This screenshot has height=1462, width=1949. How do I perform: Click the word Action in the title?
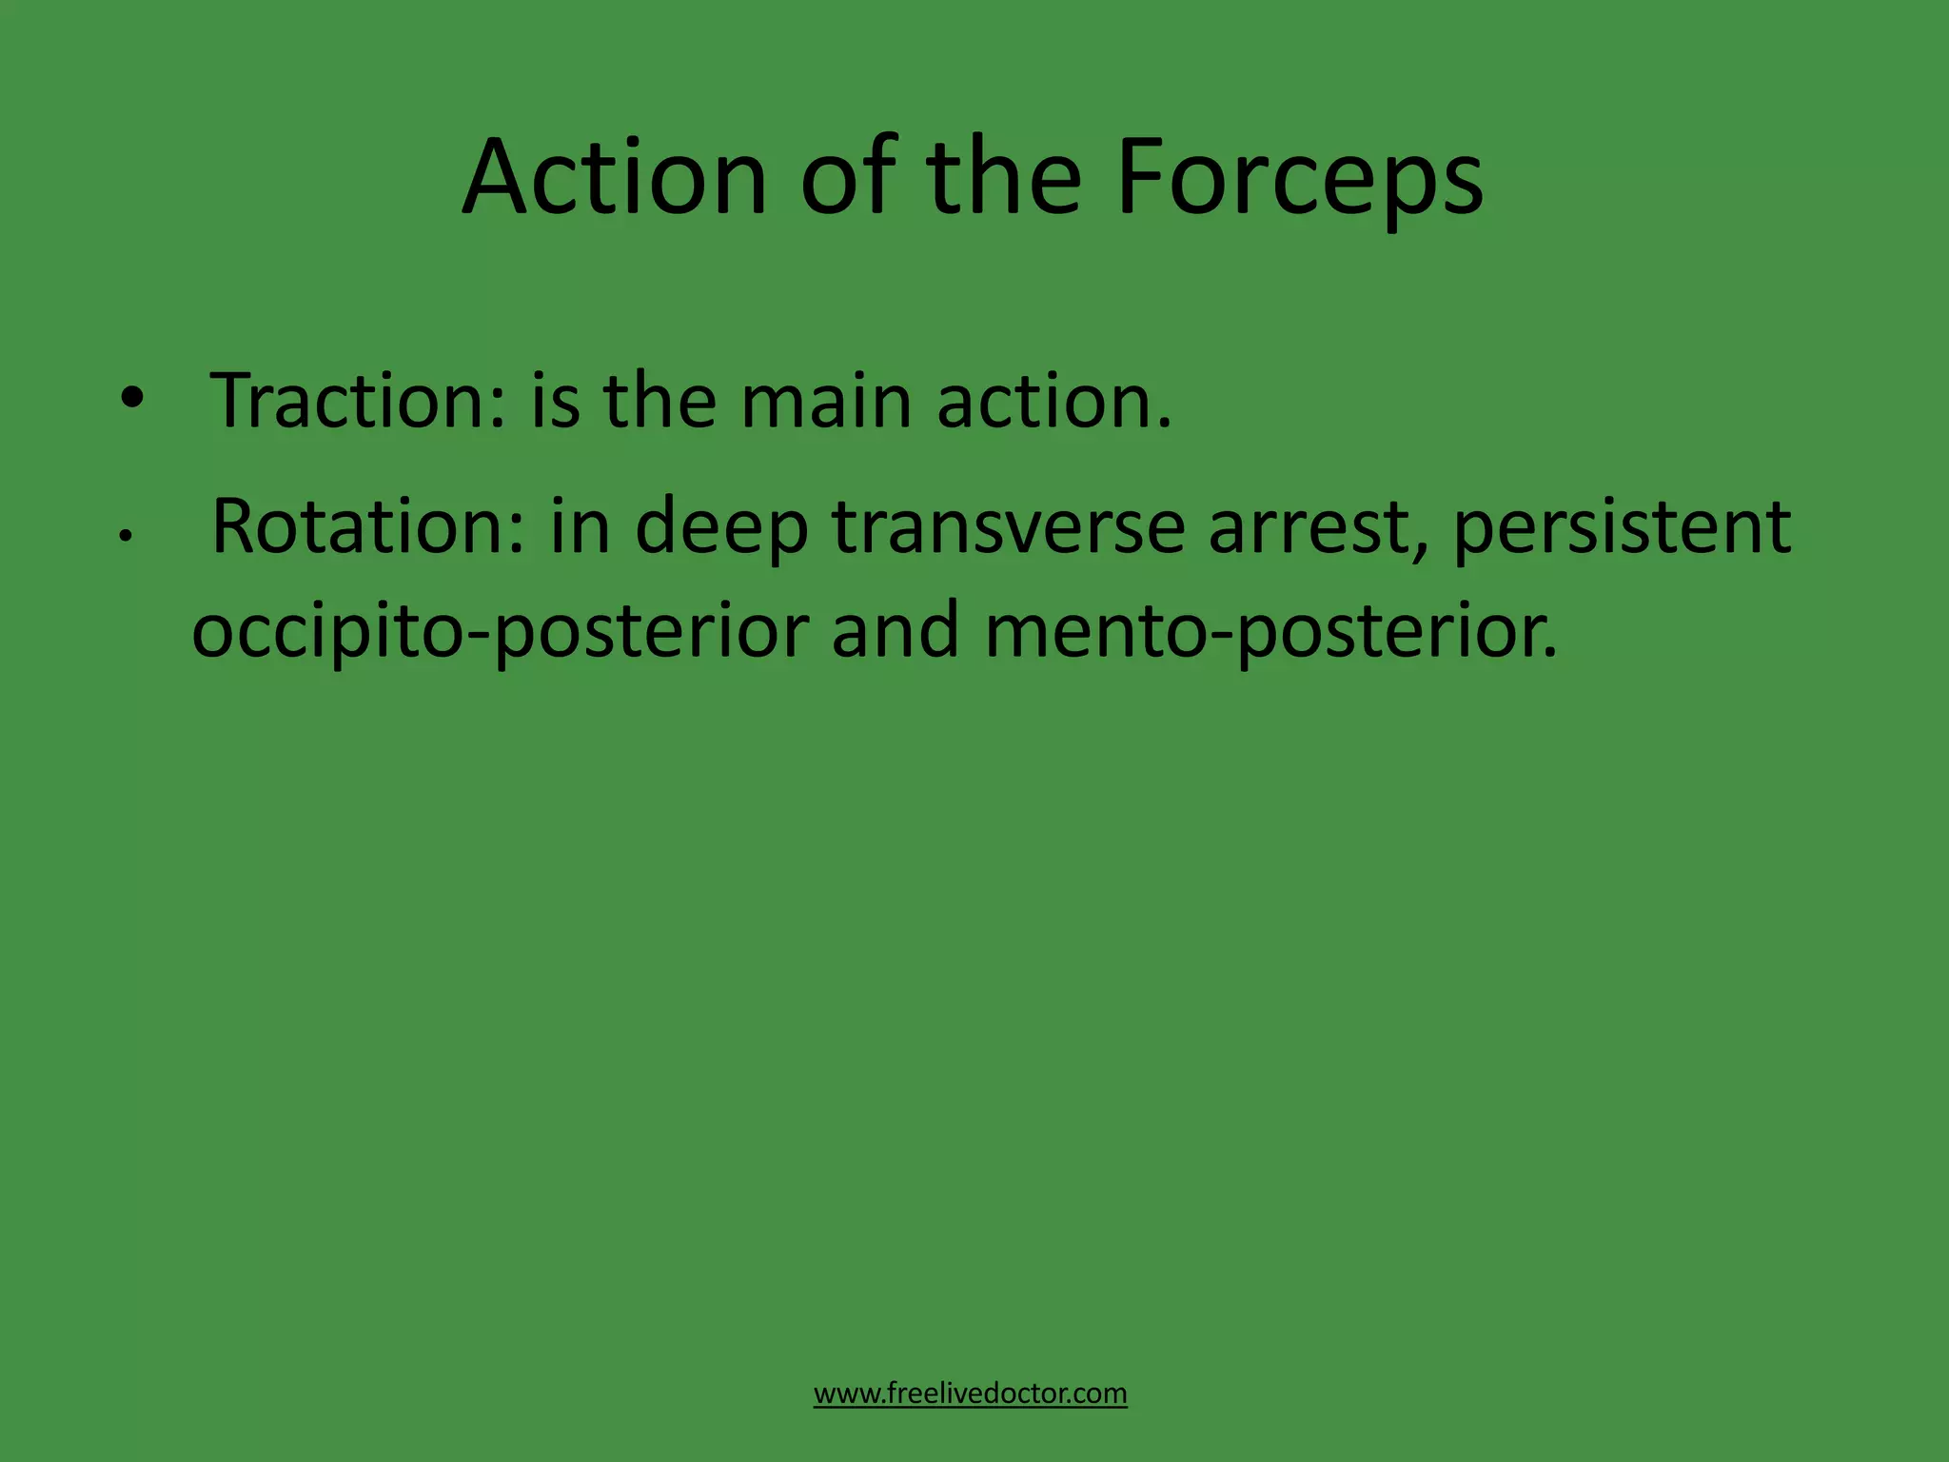click(614, 179)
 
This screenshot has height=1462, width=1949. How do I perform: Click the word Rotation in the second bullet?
click(367, 526)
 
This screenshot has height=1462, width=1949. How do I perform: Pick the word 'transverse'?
click(1008, 526)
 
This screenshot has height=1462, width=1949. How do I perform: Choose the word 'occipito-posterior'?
click(501, 632)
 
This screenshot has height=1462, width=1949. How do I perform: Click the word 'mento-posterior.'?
click(1271, 632)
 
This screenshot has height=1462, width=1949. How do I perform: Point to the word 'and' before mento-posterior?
click(896, 630)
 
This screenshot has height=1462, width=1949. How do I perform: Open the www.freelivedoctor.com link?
click(970, 1393)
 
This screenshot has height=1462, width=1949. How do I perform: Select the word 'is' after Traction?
click(554, 401)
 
